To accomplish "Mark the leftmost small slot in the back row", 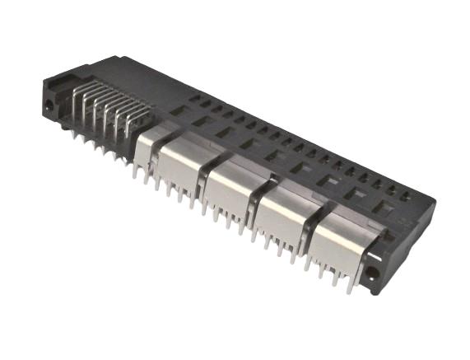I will click(x=194, y=98).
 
